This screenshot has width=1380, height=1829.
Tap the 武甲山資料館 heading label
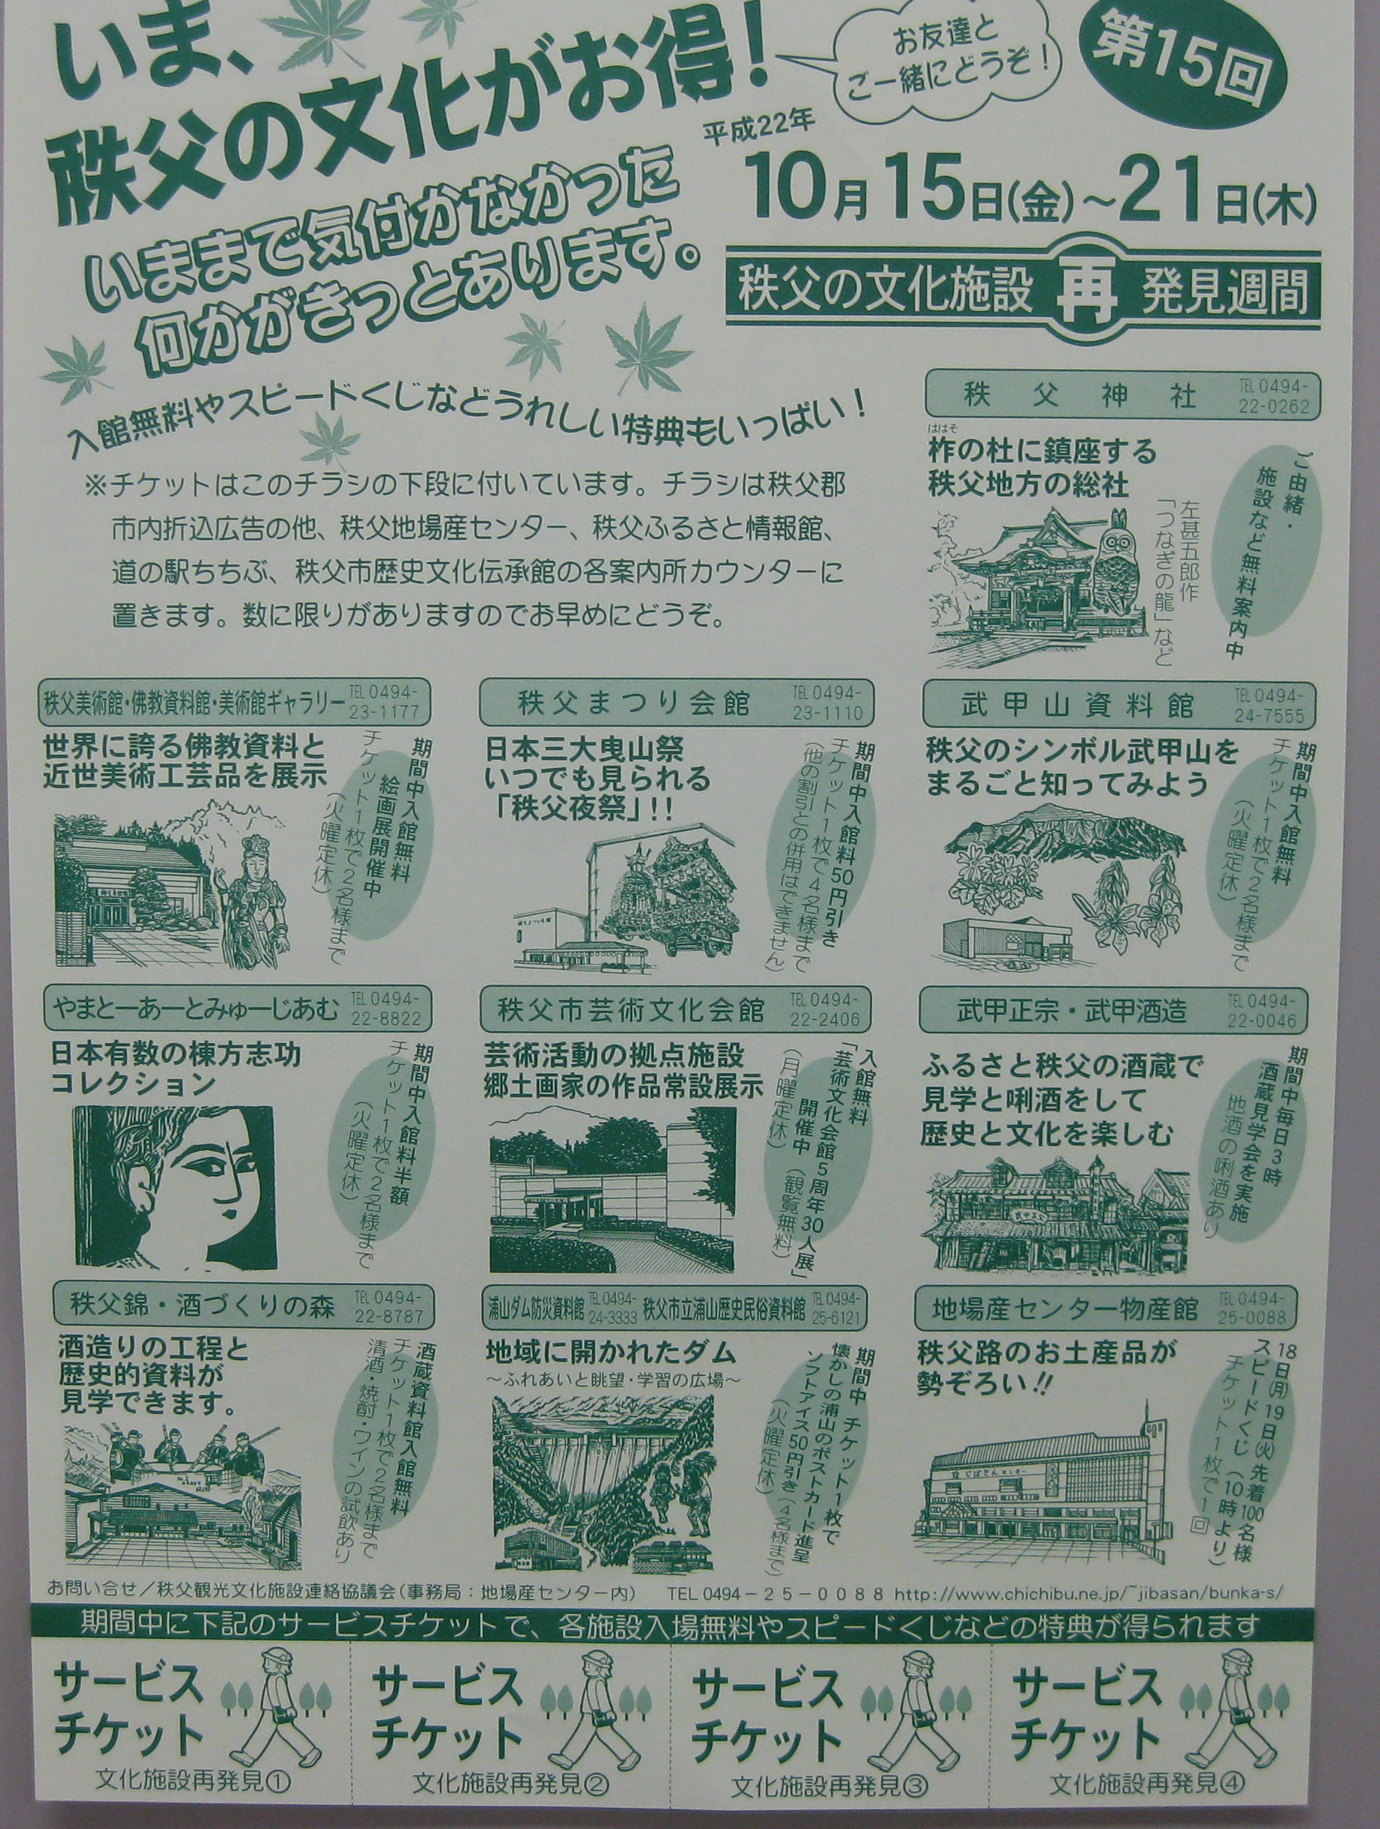[x=1076, y=705]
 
